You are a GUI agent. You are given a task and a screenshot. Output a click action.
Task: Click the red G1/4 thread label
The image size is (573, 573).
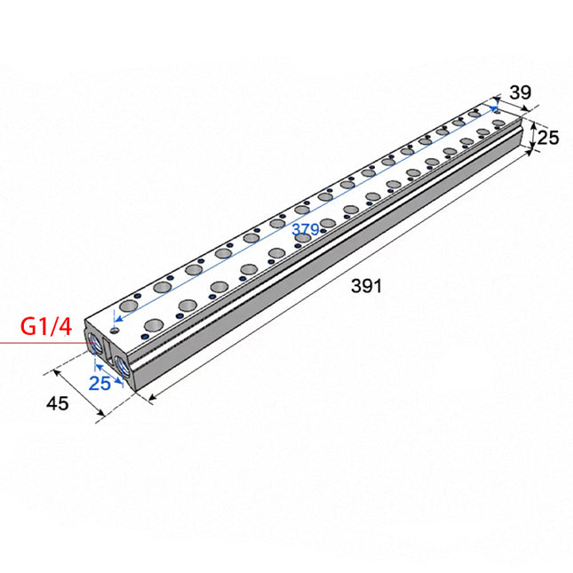[x=46, y=326]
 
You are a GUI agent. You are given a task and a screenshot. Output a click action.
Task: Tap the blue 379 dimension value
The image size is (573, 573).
[x=306, y=229]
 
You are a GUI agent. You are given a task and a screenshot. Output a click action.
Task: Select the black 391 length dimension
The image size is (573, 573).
[x=366, y=286]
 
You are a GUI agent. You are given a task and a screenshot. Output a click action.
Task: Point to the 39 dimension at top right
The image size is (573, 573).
[x=520, y=92]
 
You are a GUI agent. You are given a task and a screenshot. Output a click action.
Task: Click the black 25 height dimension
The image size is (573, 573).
[x=548, y=138]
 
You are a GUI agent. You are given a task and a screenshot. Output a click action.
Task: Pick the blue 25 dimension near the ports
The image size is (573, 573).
[x=99, y=384]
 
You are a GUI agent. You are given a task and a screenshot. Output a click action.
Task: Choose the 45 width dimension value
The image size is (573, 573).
[x=58, y=403]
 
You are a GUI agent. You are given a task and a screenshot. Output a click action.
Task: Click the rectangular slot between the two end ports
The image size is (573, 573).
[x=107, y=350]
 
